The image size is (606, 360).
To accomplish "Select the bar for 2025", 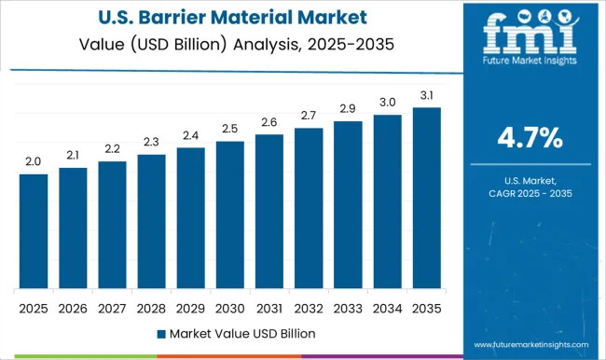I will (x=34, y=231).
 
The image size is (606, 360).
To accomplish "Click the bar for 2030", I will (x=229, y=215).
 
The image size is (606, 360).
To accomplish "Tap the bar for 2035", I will (x=426, y=198).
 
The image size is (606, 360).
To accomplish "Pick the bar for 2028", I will (x=151, y=221).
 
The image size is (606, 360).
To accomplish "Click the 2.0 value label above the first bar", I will (x=34, y=162).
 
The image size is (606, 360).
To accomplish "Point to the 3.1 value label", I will (x=426, y=95).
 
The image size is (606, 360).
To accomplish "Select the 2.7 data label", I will (x=309, y=116).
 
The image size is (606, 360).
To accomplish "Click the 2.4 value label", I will (x=190, y=136).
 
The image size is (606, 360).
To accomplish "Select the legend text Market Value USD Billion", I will (x=242, y=333).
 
